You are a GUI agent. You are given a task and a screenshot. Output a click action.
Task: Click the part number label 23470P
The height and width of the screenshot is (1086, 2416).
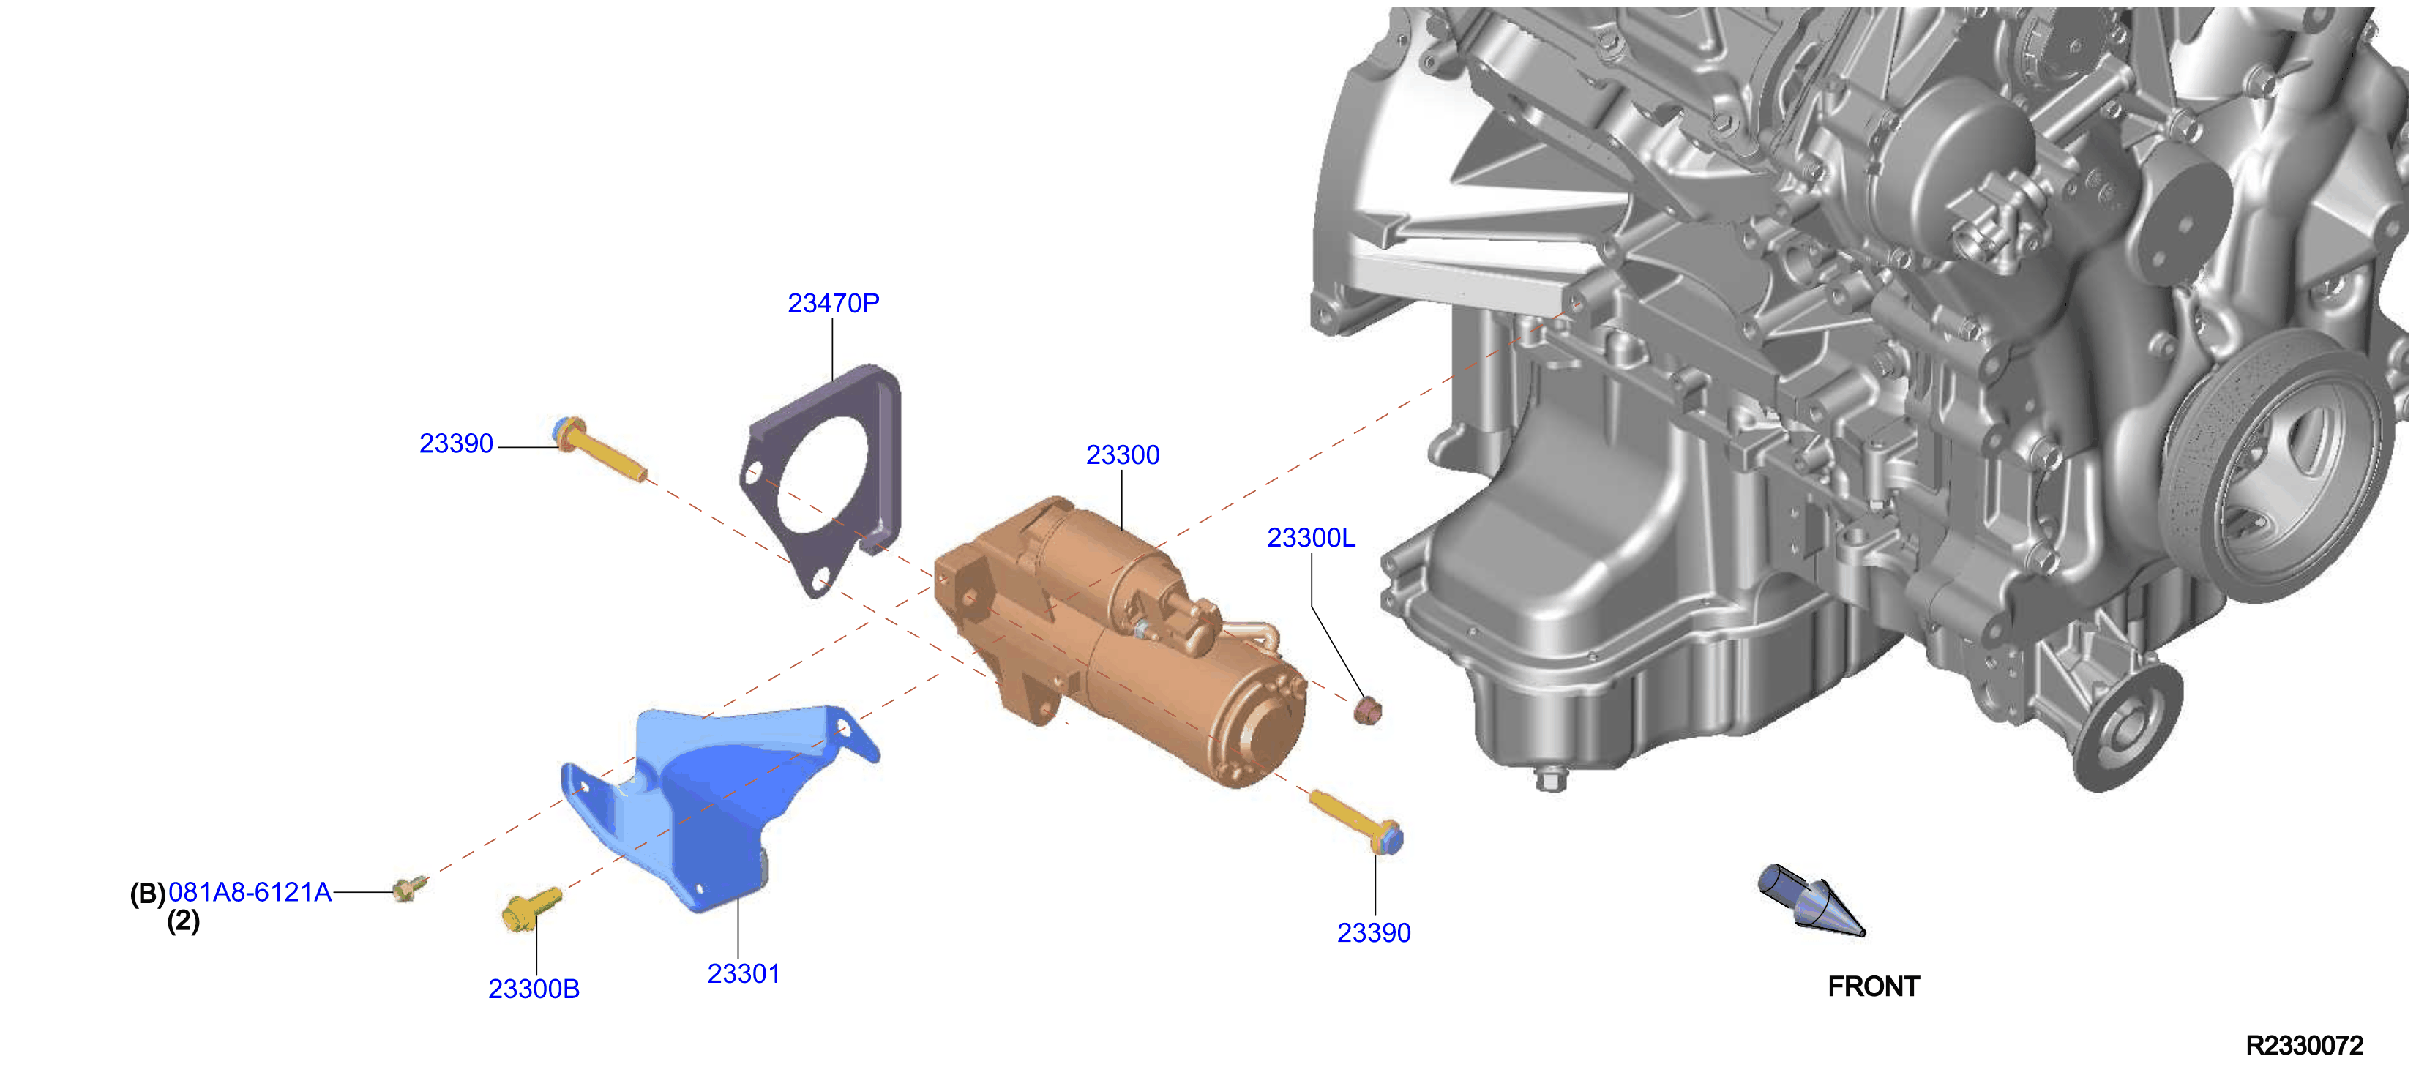[833, 303]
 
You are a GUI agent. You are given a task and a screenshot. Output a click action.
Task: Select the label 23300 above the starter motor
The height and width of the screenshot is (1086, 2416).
[1123, 455]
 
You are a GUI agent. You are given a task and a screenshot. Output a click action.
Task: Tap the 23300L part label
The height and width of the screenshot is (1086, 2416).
[1311, 539]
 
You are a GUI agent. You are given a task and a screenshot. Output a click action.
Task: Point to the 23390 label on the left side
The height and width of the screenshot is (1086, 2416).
[456, 443]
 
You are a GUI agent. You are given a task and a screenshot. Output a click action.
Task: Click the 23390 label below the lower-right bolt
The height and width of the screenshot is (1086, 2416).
[1374, 933]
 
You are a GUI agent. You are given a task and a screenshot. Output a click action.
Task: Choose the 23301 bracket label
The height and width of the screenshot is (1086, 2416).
[744, 974]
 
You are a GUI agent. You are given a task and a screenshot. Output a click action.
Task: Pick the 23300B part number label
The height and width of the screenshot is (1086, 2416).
[534, 989]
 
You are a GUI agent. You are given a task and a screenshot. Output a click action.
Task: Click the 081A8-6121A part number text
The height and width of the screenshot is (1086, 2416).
[250, 892]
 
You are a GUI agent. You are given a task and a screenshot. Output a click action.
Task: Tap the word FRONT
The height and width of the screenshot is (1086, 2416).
[1874, 986]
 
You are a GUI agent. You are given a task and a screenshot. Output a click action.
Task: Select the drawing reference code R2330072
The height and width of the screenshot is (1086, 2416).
[2305, 1046]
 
